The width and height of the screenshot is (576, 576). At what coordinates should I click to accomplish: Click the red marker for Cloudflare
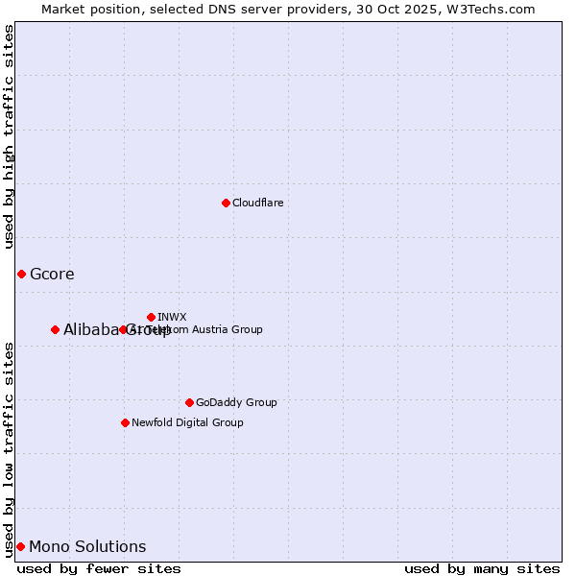(226, 203)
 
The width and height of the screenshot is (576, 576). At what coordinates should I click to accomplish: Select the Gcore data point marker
(21, 275)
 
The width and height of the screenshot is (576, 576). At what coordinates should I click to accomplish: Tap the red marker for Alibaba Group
(55, 329)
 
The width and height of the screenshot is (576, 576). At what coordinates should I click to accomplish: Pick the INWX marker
(151, 317)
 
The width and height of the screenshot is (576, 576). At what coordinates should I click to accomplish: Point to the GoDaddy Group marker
(189, 402)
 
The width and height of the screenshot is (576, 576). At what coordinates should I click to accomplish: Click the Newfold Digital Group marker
(125, 422)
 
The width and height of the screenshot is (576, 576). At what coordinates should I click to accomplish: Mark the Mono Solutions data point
(20, 546)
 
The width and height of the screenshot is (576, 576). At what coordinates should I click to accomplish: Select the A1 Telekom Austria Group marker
(123, 329)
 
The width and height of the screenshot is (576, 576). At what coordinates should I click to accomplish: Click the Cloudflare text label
(257, 203)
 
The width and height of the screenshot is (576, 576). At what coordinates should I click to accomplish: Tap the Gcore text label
(52, 275)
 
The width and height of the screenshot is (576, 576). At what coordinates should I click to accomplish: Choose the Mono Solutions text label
(87, 547)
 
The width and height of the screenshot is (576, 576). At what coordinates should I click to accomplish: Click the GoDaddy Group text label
(236, 402)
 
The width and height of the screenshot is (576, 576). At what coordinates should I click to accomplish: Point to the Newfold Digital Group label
(187, 422)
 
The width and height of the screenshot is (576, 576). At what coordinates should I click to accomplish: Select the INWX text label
(172, 317)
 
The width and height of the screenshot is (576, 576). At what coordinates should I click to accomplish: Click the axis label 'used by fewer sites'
(99, 568)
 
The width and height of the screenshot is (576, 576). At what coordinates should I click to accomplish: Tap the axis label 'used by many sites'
(482, 568)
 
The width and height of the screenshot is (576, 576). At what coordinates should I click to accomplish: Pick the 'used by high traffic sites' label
(10, 136)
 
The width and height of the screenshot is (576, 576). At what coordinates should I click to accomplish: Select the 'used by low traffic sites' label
(10, 448)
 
